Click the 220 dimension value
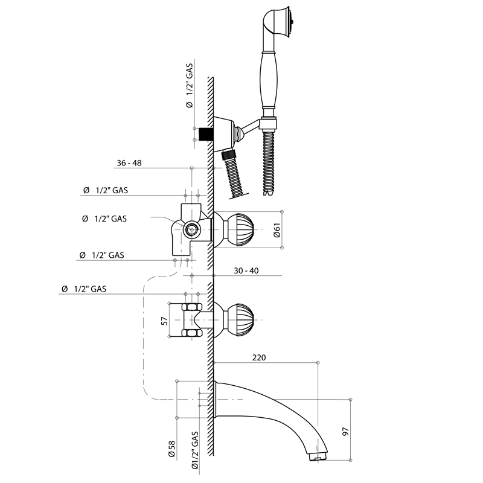pyautogui.click(x=259, y=357)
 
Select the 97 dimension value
pyautogui.click(x=345, y=431)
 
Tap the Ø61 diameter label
pyautogui.click(x=277, y=230)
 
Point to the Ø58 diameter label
pyautogui.click(x=171, y=449)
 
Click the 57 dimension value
pyautogui.click(x=165, y=321)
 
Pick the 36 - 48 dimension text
pyautogui.click(x=129, y=163)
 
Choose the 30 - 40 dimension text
pyautogui.click(x=246, y=270)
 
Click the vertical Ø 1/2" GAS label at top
pyautogui.click(x=190, y=85)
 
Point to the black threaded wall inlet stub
pyautogui.click(x=206, y=134)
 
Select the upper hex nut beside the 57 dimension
pyautogui.click(x=192, y=307)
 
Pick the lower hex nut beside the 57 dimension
pyautogui.click(x=192, y=333)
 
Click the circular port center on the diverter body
pyautogui.click(x=192, y=229)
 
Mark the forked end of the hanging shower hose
pyautogui.click(x=269, y=192)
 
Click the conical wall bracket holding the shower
pyautogui.click(x=224, y=130)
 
